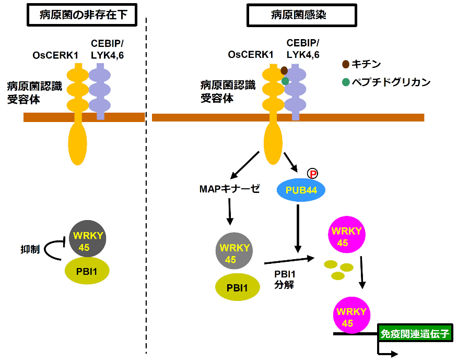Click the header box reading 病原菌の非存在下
[x=80, y=15]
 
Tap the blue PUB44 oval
[x=301, y=191]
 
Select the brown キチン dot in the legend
[x=346, y=65]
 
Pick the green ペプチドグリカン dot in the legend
[x=346, y=82]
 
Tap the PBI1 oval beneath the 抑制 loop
[x=88, y=272]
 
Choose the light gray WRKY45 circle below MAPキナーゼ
[x=235, y=253]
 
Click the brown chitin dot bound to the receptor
[x=284, y=70]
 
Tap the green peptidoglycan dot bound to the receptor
[x=285, y=81]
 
